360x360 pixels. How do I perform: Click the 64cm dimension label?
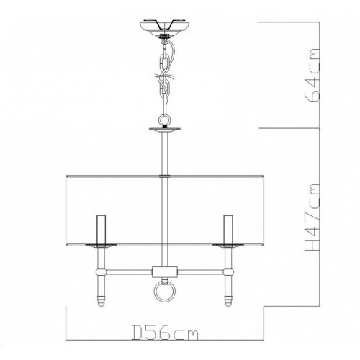pos(312,75)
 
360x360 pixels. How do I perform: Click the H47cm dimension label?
pos(312,217)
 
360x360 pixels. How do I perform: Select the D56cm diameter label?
pos(166,332)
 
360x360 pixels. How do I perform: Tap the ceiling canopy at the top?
pos(164,28)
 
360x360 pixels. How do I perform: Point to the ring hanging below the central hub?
pos(165,292)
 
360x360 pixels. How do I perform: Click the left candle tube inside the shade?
pos(101,229)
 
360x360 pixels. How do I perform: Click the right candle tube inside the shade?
pos(228,229)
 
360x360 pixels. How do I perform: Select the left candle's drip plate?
pos(101,246)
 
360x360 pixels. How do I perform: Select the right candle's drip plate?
pos(228,246)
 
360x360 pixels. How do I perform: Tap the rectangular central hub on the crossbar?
pos(165,271)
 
